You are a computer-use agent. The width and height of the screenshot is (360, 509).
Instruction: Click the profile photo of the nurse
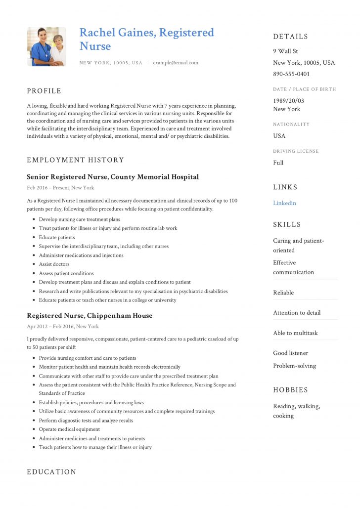(x=46, y=46)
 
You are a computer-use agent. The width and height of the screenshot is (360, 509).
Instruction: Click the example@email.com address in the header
(x=176, y=63)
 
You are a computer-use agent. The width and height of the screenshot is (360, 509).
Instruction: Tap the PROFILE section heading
(x=44, y=91)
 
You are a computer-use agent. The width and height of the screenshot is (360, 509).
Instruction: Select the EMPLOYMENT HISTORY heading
(x=75, y=160)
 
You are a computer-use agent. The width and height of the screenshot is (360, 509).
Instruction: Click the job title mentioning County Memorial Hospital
(x=113, y=177)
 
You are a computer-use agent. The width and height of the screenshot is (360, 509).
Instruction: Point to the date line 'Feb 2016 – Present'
(x=60, y=188)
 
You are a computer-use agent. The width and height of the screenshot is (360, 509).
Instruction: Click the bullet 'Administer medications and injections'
(x=81, y=255)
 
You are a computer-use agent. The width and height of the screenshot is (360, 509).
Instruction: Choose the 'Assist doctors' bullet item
(x=54, y=264)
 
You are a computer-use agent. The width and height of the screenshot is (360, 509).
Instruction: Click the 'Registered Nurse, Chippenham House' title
(x=90, y=316)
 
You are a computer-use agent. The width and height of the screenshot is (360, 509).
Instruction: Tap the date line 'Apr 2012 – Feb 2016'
(x=63, y=327)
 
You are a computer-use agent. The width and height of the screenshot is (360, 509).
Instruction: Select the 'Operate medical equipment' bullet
(x=69, y=429)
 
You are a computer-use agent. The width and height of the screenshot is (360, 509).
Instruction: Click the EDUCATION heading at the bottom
(x=51, y=472)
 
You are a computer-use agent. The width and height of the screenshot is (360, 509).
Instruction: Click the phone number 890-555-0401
(x=291, y=74)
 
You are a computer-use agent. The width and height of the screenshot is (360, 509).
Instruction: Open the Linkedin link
(x=284, y=203)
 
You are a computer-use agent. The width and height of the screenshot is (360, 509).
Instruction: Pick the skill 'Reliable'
(x=283, y=293)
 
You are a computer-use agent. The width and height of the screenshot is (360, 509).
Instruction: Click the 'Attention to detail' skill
(x=297, y=313)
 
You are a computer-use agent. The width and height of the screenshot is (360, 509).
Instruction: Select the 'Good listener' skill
(x=290, y=353)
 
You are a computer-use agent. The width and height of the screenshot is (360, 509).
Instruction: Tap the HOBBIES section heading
(x=290, y=390)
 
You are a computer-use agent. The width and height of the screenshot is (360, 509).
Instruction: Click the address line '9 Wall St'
(x=285, y=51)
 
